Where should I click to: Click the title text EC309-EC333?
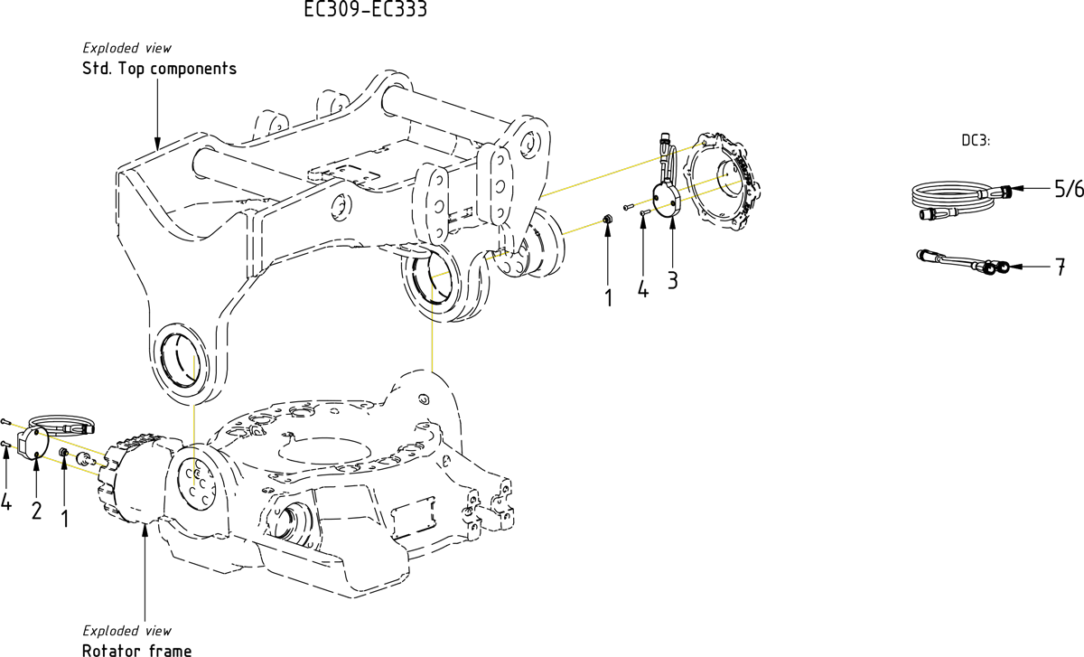(365, 10)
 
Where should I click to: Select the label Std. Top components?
(159, 69)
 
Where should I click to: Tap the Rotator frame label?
(136, 650)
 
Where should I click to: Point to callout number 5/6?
(1068, 189)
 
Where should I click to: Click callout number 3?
(672, 279)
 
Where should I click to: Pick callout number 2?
(36, 510)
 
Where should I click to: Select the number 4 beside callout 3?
(642, 290)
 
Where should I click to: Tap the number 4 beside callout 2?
(6, 502)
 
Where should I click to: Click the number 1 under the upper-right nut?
(609, 296)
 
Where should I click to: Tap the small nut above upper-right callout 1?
(608, 219)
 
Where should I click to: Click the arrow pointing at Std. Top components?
(158, 113)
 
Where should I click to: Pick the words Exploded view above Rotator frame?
(126, 631)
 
